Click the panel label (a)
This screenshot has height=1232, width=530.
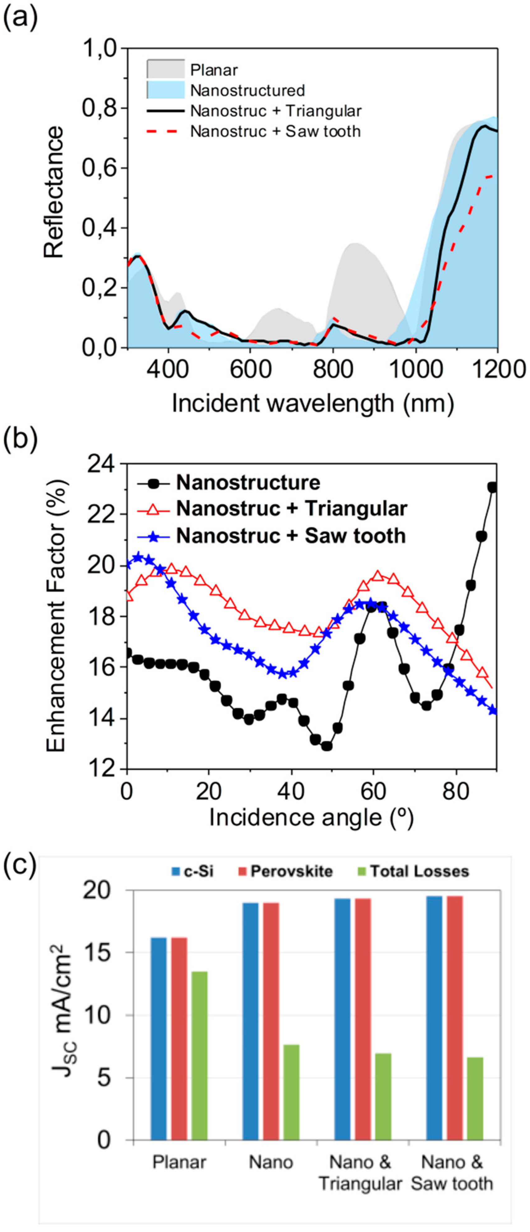[x=21, y=20]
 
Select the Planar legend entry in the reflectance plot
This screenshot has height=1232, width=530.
[x=213, y=70]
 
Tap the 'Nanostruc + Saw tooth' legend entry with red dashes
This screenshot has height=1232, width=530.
[x=275, y=131]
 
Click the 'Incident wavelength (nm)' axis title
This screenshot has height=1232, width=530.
[x=312, y=403]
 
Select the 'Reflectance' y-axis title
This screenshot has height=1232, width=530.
[x=53, y=192]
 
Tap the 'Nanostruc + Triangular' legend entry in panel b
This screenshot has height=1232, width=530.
[x=291, y=509]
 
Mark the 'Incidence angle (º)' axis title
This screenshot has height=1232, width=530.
[x=311, y=818]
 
